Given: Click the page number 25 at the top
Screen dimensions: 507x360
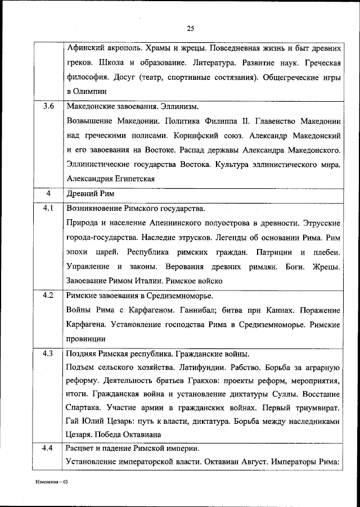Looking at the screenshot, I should tap(190, 29).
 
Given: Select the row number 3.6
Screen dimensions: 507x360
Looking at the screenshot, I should tap(48, 106).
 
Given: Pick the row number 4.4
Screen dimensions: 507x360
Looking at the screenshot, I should tap(48, 448).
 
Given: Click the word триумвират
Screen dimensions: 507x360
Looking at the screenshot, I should tap(316, 411).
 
